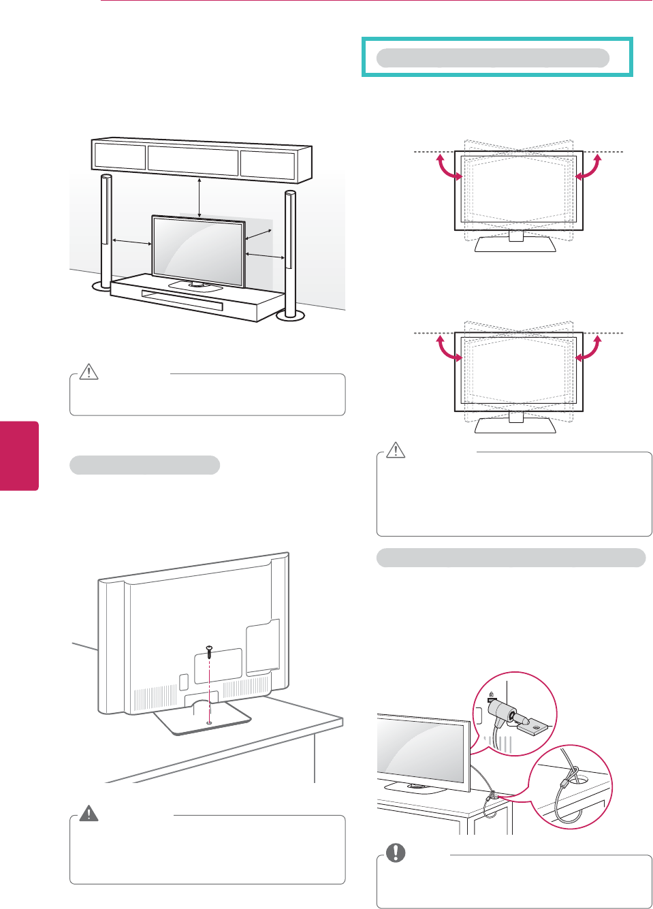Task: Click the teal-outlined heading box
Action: [497, 57]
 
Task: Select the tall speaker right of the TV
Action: [290, 252]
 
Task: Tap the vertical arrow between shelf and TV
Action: [199, 197]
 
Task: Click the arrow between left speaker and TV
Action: [131, 241]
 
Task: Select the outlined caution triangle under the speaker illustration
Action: [89, 372]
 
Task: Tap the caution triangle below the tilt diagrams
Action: [396, 450]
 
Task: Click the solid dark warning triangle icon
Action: [89, 813]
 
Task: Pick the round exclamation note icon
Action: [396, 852]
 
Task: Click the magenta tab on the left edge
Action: [19, 456]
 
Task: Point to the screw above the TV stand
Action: [209, 651]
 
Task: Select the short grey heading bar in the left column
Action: [144, 465]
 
